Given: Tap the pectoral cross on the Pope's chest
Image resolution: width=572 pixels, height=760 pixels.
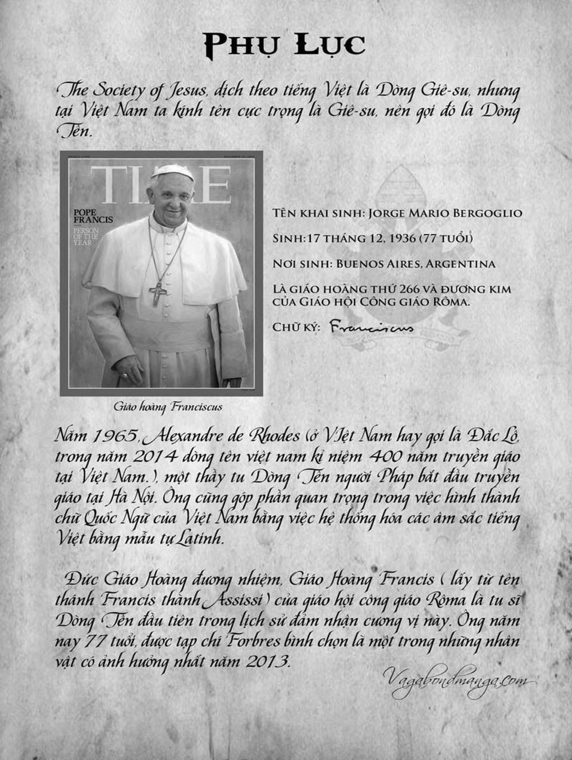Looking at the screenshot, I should (x=157, y=293).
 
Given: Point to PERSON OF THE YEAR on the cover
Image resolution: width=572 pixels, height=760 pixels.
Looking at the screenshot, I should (x=86, y=236).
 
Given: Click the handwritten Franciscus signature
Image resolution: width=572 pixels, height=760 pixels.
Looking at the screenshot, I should (x=372, y=328).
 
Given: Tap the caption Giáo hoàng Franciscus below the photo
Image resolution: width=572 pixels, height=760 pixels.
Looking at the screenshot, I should (x=168, y=407).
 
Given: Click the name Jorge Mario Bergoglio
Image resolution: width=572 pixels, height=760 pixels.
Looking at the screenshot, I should (x=445, y=213).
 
